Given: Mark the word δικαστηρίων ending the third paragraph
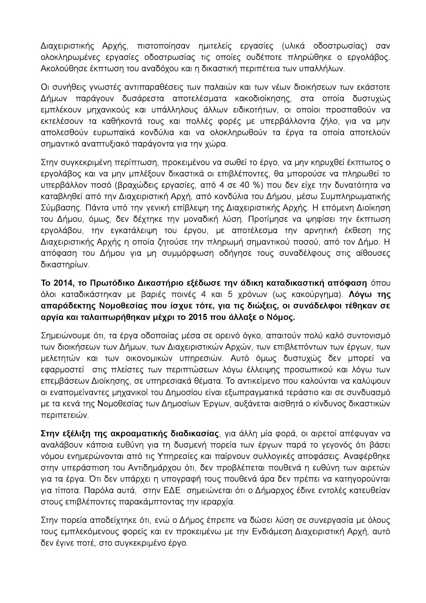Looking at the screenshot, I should pos(60,265).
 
